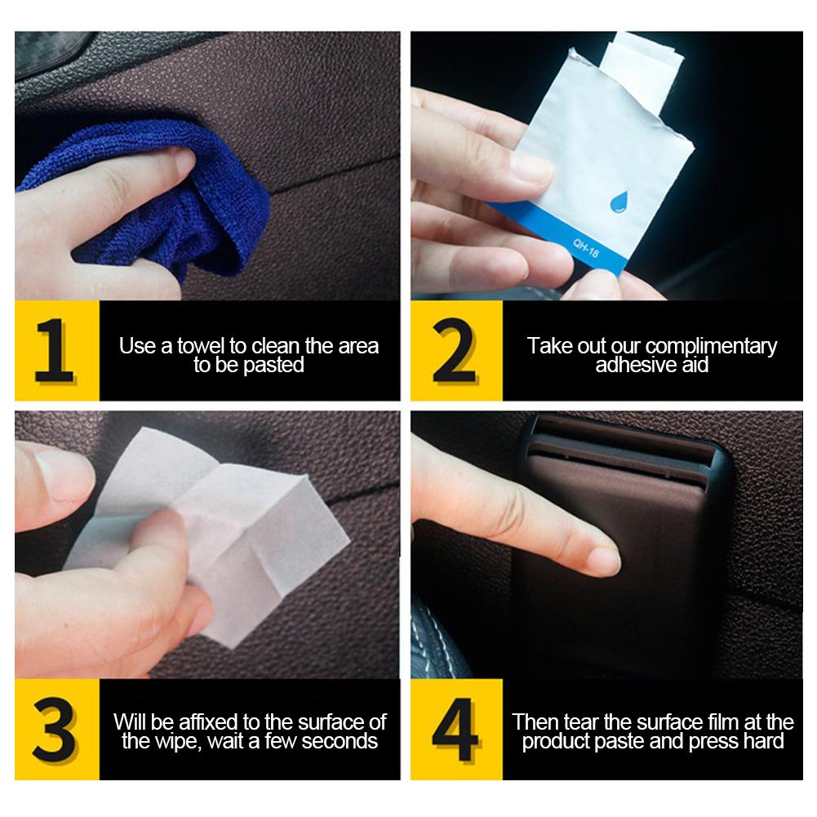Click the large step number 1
[x=54, y=350]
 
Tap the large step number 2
[x=454, y=350]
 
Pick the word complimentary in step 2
[x=711, y=347]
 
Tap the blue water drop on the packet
[x=619, y=202]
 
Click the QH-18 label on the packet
[x=586, y=247]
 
